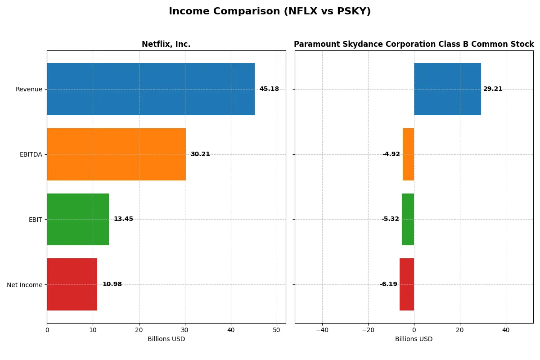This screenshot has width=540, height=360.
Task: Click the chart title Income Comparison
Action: pyautogui.click(x=270, y=12)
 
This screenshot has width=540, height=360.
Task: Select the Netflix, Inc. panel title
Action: pyautogui.click(x=166, y=44)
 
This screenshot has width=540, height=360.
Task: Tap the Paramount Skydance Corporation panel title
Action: pyautogui.click(x=414, y=44)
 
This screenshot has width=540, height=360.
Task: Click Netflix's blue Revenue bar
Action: pyautogui.click(x=151, y=89)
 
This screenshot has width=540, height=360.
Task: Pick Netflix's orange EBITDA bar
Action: pyautogui.click(x=116, y=154)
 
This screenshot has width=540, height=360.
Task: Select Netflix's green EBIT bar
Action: pyautogui.click(x=78, y=219)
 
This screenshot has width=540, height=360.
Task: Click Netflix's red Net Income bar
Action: pyautogui.click(x=72, y=284)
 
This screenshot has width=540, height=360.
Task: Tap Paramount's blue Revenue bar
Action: pyautogui.click(x=447, y=89)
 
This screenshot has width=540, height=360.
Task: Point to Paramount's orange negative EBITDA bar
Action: pyautogui.click(x=408, y=154)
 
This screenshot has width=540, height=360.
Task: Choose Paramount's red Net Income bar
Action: pyautogui.click(x=407, y=284)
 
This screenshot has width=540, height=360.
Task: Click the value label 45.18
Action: pyautogui.click(x=269, y=89)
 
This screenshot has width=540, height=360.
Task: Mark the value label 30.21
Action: pyautogui.click(x=200, y=154)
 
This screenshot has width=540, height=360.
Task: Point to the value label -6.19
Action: pyautogui.click(x=388, y=284)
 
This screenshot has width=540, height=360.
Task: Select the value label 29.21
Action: pyautogui.click(x=493, y=89)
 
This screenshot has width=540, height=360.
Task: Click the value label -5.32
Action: pyautogui.click(x=390, y=219)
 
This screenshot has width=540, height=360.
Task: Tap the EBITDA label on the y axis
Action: pyautogui.click(x=31, y=154)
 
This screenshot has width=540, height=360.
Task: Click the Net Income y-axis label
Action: pyautogui.click(x=25, y=284)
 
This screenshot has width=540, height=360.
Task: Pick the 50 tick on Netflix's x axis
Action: pyautogui.click(x=277, y=330)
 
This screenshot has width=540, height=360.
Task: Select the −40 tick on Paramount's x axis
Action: pyautogui.click(x=322, y=330)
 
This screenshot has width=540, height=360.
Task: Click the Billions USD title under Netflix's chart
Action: pyautogui.click(x=166, y=339)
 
